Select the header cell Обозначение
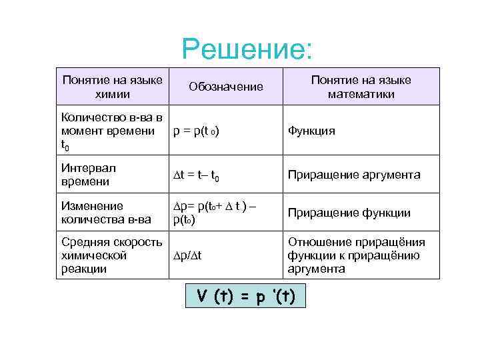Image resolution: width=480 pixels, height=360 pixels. click(x=226, y=87)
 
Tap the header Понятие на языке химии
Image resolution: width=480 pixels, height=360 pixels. click(x=112, y=87)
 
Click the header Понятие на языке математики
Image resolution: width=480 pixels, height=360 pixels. click(x=361, y=87)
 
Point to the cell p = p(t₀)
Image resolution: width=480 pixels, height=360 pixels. click(x=197, y=131)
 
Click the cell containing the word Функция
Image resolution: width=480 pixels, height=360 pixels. click(x=311, y=131)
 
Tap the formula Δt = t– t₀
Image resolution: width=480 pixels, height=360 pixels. click(x=197, y=176)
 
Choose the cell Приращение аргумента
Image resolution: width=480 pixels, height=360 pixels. click(x=354, y=175)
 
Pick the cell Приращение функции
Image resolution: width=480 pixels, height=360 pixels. click(x=349, y=213)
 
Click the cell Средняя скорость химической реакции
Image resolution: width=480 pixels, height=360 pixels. click(x=111, y=255)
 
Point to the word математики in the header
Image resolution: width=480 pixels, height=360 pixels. click(x=361, y=94)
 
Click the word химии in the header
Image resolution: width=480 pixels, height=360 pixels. click(x=112, y=94)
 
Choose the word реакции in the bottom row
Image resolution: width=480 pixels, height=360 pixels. click(x=83, y=269)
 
